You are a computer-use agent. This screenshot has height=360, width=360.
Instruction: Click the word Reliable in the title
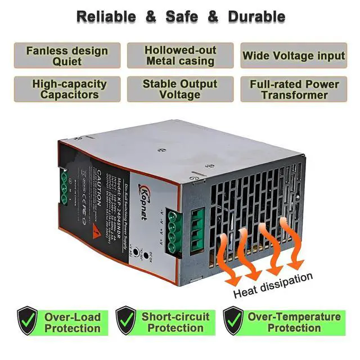pyautogui.click(x=106, y=16)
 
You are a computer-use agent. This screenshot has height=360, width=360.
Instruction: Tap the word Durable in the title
pyautogui.click(x=256, y=16)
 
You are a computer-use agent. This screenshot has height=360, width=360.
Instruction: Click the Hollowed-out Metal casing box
pyautogui.click(x=179, y=55)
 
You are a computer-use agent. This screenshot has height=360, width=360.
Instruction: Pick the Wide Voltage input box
pyautogui.click(x=293, y=55)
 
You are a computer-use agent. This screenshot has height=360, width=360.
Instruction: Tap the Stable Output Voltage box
pyautogui.click(x=179, y=89)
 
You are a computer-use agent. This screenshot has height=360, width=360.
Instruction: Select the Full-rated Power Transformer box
pyautogui.click(x=293, y=89)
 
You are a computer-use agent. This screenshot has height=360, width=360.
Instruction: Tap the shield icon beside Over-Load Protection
pyautogui.click(x=26, y=322)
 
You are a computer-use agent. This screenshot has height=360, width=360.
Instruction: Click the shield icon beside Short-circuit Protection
pyautogui.click(x=125, y=322)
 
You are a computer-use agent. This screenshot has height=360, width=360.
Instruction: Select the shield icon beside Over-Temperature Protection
pyautogui.click(x=232, y=322)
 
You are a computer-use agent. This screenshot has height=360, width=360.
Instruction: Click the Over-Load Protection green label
pyautogui.click(x=72, y=322)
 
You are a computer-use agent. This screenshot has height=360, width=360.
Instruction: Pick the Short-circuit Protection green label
pyautogui.click(x=175, y=322)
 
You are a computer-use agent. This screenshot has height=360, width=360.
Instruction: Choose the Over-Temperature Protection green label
pyautogui.click(x=294, y=322)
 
